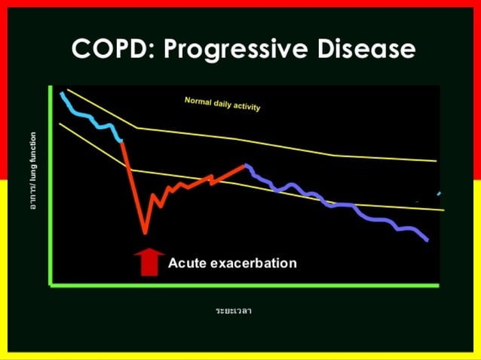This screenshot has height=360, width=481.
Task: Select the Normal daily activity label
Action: (x=222, y=104)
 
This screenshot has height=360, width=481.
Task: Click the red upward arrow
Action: (x=149, y=261)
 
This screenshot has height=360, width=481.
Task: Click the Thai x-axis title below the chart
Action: (x=233, y=310)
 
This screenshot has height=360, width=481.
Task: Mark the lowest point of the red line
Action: (x=145, y=232)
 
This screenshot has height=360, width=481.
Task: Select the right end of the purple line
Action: (x=428, y=240)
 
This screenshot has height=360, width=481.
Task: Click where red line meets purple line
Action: (x=245, y=165)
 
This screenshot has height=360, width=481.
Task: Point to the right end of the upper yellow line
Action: (x=436, y=160)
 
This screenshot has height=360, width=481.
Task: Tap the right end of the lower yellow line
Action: (x=443, y=209)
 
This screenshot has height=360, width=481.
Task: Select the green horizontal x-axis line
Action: (x=241, y=285)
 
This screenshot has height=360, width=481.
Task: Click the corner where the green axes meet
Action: (x=51, y=285)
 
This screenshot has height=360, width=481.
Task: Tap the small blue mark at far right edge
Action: (x=439, y=194)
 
